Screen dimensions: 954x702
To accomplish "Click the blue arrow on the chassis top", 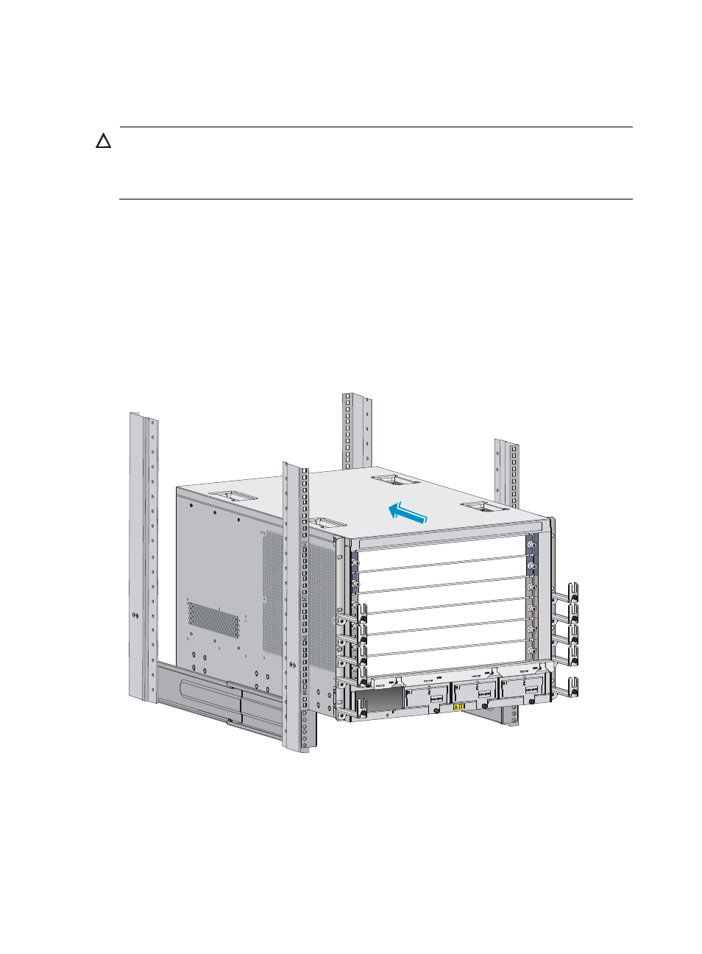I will point(407,512).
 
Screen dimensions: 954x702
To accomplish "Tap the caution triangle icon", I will point(104,141).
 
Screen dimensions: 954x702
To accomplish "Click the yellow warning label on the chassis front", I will point(459,707).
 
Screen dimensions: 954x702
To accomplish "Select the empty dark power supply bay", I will point(380,701).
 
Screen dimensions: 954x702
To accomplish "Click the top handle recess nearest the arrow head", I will point(395,480).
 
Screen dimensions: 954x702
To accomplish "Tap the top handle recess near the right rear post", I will point(483,506).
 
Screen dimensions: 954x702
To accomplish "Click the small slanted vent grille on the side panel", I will point(213,619).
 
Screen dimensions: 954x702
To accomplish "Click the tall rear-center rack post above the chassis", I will point(356,431).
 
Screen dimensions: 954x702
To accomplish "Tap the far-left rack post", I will point(143,559).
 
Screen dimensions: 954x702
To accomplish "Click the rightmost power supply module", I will point(523,689).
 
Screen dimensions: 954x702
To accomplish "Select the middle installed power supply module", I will point(475,693).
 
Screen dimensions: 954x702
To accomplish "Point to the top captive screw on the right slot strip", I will point(532,545).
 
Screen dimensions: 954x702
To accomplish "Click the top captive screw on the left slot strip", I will point(356,563).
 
